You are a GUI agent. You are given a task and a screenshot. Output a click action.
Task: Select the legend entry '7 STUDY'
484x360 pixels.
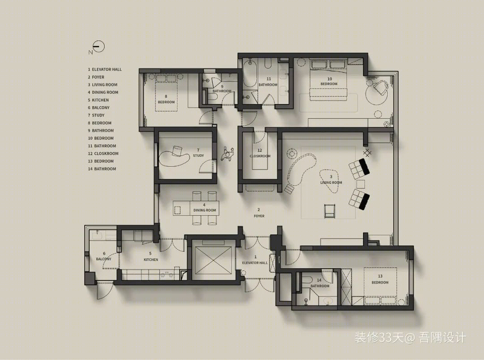[96, 115]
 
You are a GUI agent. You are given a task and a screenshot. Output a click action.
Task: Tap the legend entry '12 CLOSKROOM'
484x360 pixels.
[103, 153]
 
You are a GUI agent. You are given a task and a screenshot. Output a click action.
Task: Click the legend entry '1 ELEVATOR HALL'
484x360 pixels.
[104, 69]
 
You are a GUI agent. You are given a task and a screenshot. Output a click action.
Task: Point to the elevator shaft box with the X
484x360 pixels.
[213, 260]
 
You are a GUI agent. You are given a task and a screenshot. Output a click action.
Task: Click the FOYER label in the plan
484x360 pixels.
[259, 216]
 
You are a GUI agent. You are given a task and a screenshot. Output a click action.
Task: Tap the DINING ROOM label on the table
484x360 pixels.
[205, 210]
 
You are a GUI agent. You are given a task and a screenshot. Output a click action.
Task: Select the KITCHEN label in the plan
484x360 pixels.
[151, 260]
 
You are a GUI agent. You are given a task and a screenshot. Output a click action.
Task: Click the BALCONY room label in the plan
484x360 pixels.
[104, 259]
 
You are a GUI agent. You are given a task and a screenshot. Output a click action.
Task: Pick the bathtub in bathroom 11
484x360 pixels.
[250, 74]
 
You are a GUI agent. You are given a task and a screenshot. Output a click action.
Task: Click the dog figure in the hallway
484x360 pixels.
[228, 153]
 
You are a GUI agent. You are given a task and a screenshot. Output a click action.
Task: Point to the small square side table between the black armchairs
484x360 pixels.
[360, 184]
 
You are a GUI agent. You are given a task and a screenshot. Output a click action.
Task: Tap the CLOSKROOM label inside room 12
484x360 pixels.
[260, 156]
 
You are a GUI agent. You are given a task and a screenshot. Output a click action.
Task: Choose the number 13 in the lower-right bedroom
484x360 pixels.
[380, 276]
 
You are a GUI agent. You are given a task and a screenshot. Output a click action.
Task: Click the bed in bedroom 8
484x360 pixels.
[166, 93]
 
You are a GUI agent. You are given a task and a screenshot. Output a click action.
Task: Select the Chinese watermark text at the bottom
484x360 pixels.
[410, 338]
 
